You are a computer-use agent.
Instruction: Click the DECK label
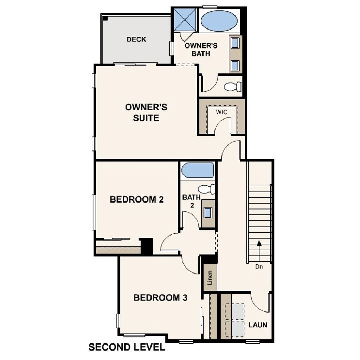pos(136,39)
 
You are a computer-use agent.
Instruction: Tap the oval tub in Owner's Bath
pos(219,21)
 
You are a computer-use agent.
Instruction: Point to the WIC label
pos(221,112)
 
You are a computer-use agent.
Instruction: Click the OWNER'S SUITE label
pos(146,112)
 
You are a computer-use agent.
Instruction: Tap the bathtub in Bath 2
pos(198,171)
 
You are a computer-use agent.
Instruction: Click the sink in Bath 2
pos(208,213)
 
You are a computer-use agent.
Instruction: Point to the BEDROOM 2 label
pos(137,200)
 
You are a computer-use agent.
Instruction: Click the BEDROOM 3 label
pos(160,298)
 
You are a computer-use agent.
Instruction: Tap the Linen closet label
pos(210,278)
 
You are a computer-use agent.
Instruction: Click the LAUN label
pos(258,324)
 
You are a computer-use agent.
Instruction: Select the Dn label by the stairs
pos(259,266)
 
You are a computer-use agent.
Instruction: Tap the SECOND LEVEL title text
pos(127,347)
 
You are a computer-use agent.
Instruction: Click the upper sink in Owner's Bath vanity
pos(235,43)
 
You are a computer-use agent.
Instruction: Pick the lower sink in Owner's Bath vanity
pos(235,65)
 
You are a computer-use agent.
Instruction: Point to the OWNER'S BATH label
pos(201,50)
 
